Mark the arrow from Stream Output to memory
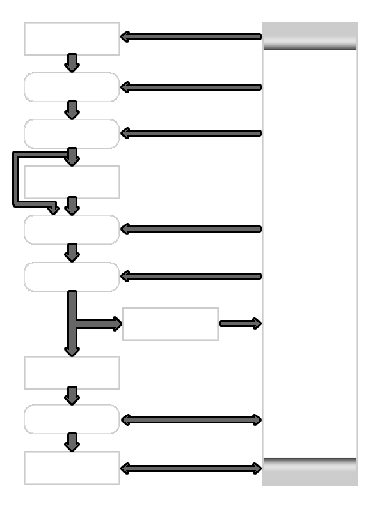pos(240,324)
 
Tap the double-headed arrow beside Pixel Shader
pos(191,420)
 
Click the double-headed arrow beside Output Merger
pos(191,469)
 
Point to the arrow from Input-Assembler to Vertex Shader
pos(72,63)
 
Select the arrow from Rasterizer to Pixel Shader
pos(72,396)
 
